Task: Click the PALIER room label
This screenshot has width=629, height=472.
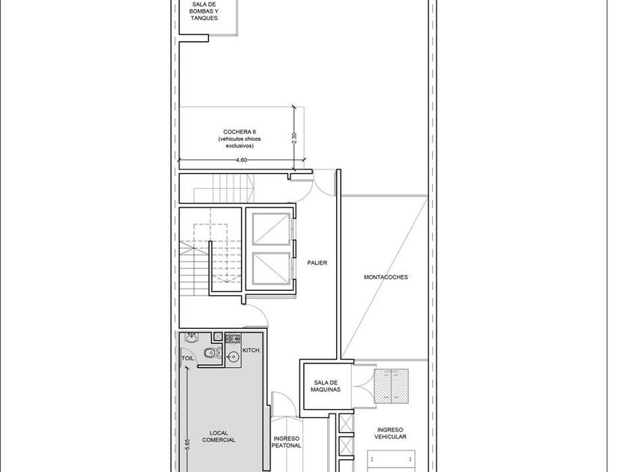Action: pos(317,263)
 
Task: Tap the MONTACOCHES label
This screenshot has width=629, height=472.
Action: pos(386,277)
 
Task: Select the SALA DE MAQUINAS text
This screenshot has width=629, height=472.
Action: pos(325,386)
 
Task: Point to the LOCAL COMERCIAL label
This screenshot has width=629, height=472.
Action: pos(219,436)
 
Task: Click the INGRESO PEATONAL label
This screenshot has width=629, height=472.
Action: pos(286,442)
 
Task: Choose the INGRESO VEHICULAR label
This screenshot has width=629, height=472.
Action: pos(390,433)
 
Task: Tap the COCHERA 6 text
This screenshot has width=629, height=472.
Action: pos(239,132)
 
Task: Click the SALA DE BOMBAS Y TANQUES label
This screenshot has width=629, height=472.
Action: pos(204,11)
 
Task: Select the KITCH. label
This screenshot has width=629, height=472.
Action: pos(252,351)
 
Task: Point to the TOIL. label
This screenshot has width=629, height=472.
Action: pos(188,358)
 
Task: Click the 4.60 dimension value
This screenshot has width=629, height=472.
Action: pos(241,160)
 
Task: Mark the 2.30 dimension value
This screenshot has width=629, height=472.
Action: pos(294,139)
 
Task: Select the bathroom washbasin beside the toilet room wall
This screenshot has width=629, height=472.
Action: pos(192,338)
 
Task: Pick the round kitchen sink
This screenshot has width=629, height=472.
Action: pos(232,356)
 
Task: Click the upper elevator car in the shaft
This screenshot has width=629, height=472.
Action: pos(271,229)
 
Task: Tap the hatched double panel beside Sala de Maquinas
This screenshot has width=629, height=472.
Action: pos(392,386)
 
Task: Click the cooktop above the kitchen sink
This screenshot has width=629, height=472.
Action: pos(233,339)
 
